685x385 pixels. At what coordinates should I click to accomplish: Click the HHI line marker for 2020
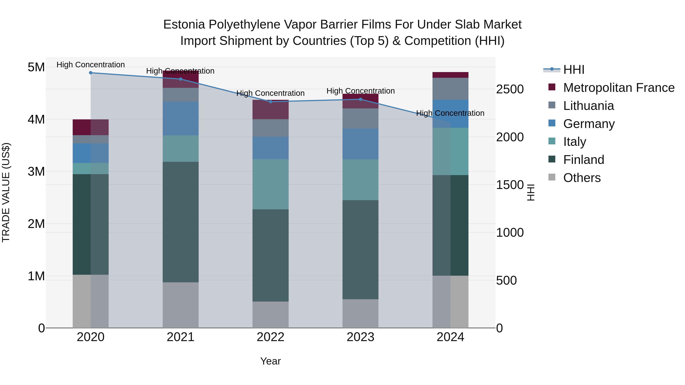coord(91,73)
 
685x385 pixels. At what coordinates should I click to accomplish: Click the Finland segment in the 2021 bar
coord(181,222)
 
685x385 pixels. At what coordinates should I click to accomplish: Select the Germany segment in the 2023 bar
coord(360,144)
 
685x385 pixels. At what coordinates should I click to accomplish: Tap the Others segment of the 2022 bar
coord(270,315)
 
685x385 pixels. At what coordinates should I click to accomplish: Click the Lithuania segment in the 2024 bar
coord(450,89)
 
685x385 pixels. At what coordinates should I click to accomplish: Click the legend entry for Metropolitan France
coord(619,88)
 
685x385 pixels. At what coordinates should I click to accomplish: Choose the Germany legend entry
coord(589,124)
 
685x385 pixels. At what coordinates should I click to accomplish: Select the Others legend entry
coord(582,178)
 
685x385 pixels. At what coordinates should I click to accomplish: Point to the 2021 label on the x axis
coord(181,337)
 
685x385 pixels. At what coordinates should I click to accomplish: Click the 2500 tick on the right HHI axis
coord(510,89)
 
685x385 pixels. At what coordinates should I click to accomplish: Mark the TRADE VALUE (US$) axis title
coord(6,192)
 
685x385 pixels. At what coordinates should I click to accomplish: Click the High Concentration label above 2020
coord(91,65)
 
